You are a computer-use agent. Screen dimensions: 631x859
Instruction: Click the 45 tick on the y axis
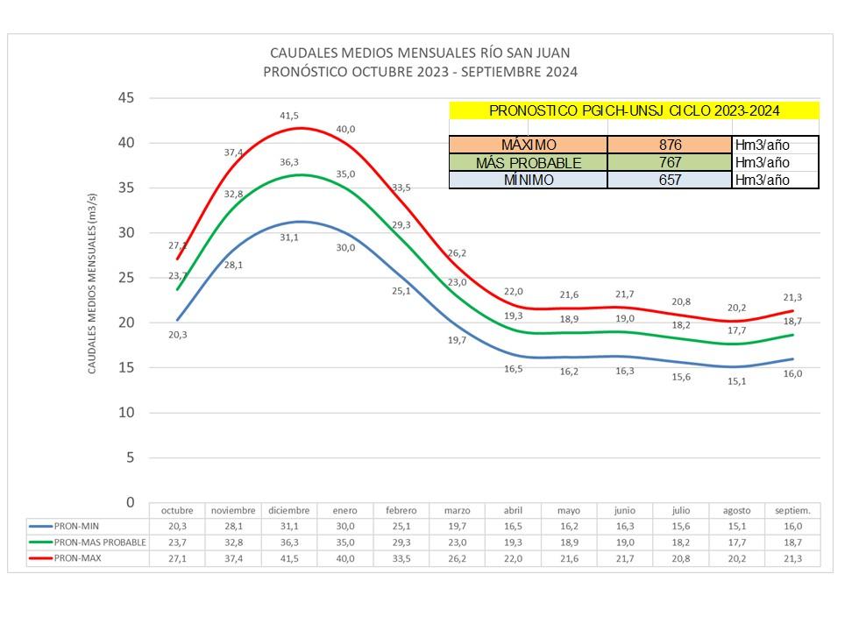click(127, 97)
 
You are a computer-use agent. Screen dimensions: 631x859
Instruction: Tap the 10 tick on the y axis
click(127, 412)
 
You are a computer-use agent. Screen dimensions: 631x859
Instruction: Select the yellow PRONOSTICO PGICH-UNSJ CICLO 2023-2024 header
click(634, 110)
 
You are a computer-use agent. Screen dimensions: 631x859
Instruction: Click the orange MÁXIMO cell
click(528, 145)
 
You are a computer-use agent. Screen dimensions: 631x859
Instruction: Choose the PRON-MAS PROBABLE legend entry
click(88, 542)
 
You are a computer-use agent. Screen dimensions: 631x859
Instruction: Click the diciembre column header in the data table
click(289, 510)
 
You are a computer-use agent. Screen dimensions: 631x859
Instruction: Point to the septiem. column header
click(792, 510)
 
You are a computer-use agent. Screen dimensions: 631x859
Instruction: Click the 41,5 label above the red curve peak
click(289, 116)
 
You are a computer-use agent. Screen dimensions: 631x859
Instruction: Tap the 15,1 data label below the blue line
click(736, 381)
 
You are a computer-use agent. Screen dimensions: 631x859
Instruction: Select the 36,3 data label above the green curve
click(289, 162)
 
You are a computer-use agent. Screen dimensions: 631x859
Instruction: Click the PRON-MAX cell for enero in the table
click(345, 557)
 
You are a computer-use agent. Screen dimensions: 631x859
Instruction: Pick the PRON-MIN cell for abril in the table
click(513, 526)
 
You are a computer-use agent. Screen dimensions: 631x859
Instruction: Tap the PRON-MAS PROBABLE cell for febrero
click(401, 542)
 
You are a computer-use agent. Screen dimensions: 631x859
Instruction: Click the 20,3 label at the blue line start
click(178, 334)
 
